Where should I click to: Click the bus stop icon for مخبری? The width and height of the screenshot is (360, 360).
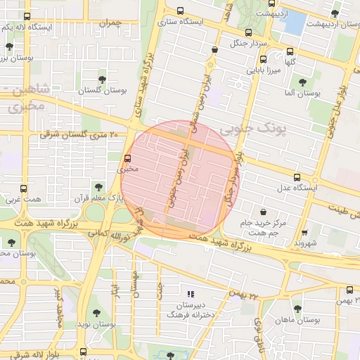tap(127, 158)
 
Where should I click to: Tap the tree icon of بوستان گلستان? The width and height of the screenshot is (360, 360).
tap(103, 79)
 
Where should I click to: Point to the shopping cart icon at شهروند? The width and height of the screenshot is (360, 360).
tap(304, 232)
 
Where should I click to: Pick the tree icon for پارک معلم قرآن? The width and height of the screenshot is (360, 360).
tap(98, 188)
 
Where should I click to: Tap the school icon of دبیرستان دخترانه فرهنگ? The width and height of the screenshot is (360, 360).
tap(190, 295)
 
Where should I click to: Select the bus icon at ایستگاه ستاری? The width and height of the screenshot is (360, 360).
tap(181, 11)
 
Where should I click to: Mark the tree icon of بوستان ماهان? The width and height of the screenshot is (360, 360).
tap(297, 308)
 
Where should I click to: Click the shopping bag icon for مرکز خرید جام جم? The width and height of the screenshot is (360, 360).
tap(263, 212)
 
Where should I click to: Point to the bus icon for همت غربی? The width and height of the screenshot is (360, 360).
tap(24, 189)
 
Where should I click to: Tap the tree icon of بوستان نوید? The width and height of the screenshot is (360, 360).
tap(96, 313)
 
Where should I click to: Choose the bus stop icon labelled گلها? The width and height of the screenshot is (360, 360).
tap(290, 51)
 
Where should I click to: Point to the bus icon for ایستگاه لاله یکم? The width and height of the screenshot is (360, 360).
tap(27, 16)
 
